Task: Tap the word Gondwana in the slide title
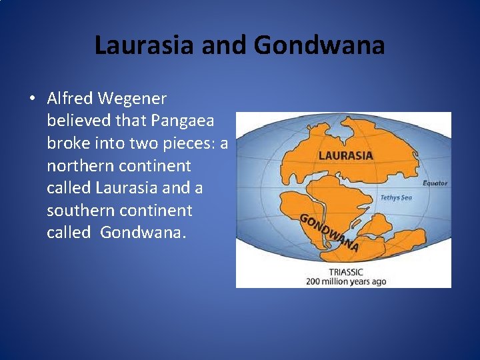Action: [319, 45]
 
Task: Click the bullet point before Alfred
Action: [32, 99]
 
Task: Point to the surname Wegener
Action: [131, 99]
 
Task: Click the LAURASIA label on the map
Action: [345, 156]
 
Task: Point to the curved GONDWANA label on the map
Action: [329, 233]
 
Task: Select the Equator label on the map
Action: [435, 183]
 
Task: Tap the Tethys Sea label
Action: [396, 197]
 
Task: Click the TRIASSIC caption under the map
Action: [346, 272]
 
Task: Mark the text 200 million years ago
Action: [346, 281]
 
